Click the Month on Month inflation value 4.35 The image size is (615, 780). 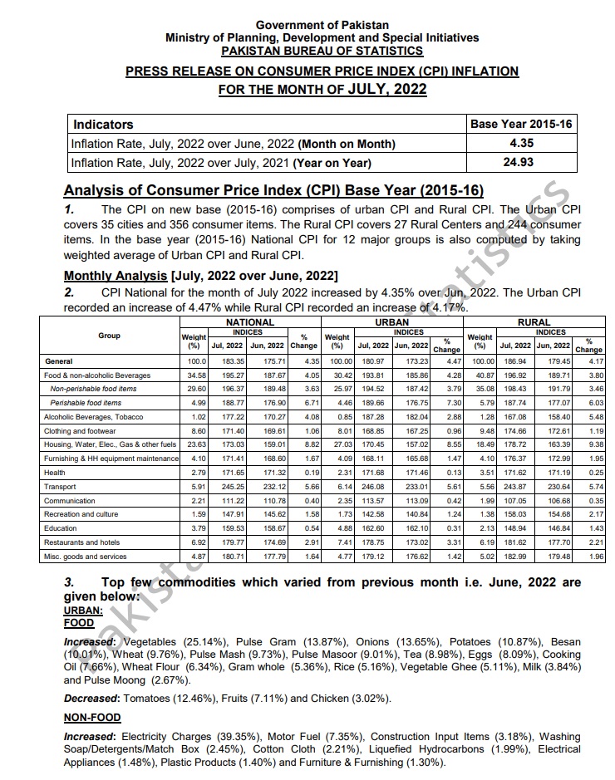tap(521, 144)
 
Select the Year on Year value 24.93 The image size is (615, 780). tap(521, 163)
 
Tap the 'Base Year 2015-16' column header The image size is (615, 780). tap(521, 125)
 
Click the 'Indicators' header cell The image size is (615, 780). tap(104, 125)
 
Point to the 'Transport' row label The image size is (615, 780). tap(59, 487)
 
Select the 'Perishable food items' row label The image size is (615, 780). tap(86, 402)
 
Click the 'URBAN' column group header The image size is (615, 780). tap(391, 321)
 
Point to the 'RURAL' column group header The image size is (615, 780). tap(534, 321)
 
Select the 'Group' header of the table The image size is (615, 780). tap(109, 336)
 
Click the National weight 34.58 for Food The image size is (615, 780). tap(194, 375)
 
